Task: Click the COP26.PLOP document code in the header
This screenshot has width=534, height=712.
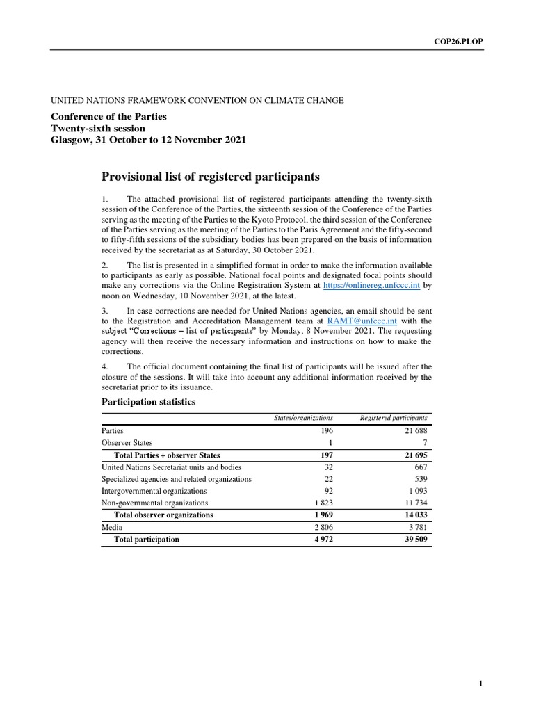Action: pos(458,42)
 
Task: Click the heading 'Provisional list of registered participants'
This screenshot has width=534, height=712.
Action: pos(211,177)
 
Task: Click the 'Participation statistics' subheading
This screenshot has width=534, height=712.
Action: pos(148,402)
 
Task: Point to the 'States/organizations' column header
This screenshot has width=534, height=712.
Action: pos(302,418)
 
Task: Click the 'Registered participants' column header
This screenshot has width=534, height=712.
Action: pos(393,418)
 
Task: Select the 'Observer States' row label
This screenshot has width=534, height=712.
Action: pos(127,443)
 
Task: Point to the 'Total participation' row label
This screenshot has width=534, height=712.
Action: pos(146,540)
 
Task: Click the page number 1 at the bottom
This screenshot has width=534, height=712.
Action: pos(480,684)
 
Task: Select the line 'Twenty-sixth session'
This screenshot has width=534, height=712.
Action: pos(98,128)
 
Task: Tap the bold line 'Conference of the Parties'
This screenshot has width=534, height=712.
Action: pos(109,117)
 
